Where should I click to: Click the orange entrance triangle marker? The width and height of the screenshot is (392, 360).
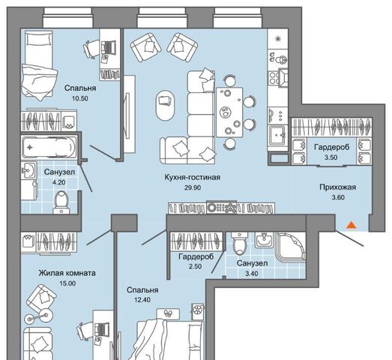(352, 225)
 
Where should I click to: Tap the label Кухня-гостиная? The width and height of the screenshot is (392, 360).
(192, 177)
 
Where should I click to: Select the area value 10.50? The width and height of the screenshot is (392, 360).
(80, 98)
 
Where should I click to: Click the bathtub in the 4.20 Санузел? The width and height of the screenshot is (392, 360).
(49, 147)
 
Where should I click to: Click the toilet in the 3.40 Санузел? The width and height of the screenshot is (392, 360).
(240, 243)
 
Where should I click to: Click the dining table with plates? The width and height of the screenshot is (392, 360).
(229, 112)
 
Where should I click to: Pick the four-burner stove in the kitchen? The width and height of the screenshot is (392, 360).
(275, 78)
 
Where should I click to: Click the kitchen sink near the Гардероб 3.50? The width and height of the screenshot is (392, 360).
(277, 135)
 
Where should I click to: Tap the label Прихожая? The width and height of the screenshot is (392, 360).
(338, 187)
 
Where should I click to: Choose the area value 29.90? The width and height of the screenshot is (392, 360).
(193, 187)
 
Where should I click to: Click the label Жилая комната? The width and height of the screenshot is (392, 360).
(67, 273)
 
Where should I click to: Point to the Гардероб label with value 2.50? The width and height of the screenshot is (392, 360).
(196, 256)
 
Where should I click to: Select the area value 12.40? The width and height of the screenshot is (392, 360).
(142, 300)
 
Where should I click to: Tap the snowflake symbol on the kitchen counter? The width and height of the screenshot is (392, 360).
(278, 39)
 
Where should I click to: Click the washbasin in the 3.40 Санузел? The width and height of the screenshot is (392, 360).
(264, 240)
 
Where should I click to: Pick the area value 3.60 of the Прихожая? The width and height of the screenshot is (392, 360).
(338, 198)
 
